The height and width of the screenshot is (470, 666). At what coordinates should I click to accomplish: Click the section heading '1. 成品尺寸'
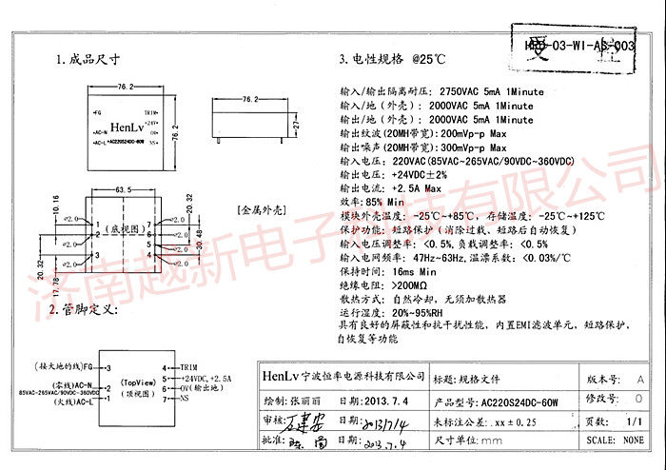(88, 59)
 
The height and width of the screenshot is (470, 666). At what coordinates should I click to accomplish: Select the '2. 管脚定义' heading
(88, 310)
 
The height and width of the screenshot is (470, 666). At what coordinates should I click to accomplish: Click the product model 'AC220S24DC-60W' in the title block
(519, 401)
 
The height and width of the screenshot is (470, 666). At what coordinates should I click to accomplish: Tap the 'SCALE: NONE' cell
(616, 441)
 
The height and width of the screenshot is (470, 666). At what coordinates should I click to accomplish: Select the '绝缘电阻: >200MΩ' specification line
(380, 284)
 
